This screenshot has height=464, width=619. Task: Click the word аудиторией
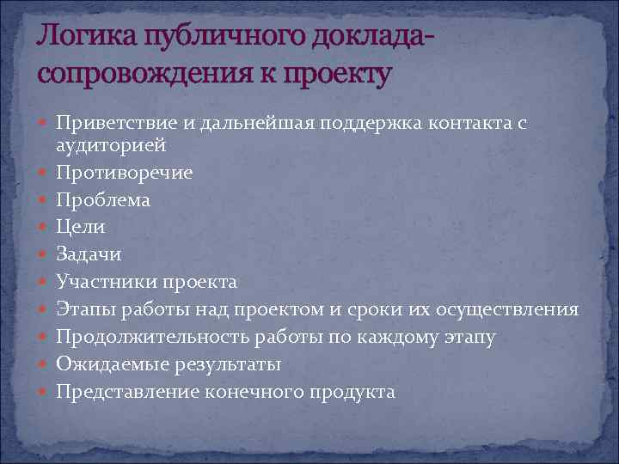[x=105, y=145]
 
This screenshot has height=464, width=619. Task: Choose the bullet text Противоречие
[x=125, y=173]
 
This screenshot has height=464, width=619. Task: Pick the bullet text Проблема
[x=103, y=200]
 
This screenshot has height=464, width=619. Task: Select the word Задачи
[x=89, y=255]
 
